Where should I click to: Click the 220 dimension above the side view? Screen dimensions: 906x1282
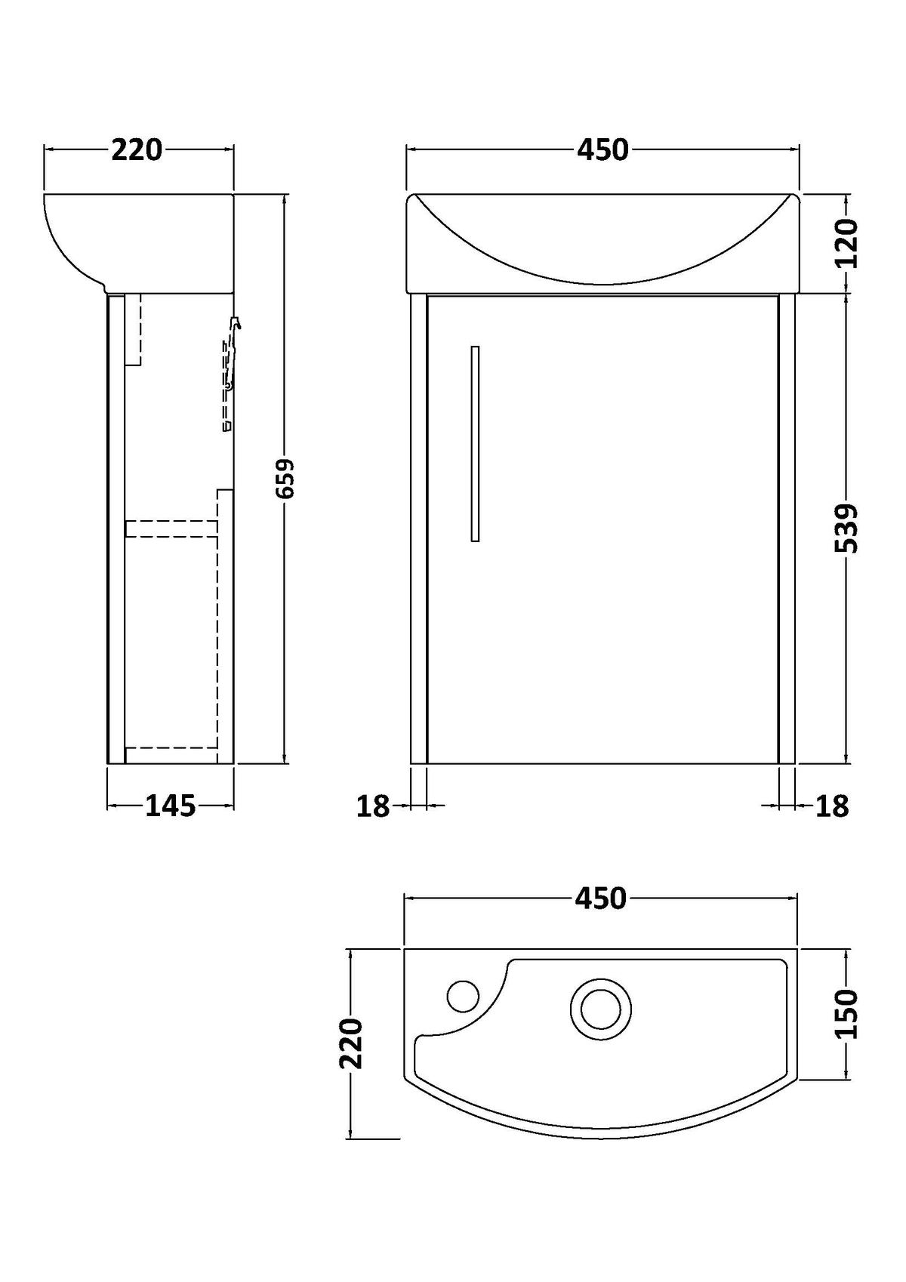[137, 150]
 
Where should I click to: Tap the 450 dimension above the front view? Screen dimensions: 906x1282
[602, 150]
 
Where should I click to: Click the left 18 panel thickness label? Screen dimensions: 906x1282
[373, 806]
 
